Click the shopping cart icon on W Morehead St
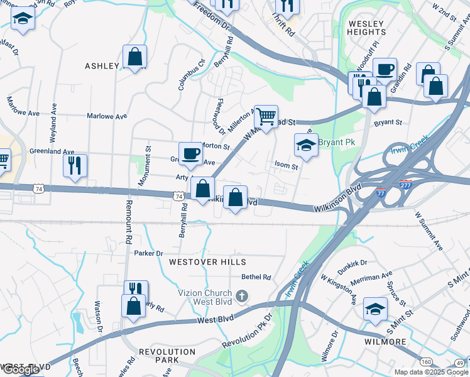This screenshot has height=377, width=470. (x=266, y=116)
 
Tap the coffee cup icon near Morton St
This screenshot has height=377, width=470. (x=190, y=153)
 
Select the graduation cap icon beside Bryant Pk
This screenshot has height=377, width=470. (x=306, y=145)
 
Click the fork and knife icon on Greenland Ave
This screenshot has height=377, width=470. (x=75, y=165)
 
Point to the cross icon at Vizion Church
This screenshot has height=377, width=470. (x=243, y=295)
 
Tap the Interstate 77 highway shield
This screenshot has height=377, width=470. (x=381, y=193)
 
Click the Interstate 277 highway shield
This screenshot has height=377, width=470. (x=405, y=185)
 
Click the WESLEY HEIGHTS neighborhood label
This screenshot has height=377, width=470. (x=366, y=28)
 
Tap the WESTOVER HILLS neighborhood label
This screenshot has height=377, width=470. (x=207, y=261)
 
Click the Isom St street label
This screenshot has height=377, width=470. (x=285, y=165)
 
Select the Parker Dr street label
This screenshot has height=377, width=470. (x=148, y=253)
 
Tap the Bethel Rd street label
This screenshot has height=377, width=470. (x=256, y=276)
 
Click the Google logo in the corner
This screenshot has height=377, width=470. (x=20, y=370)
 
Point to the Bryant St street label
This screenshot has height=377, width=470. (x=388, y=123)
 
